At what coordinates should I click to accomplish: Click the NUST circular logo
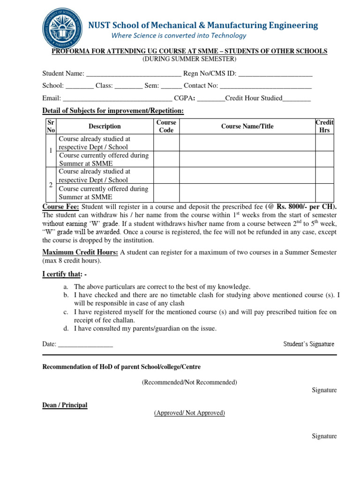click(62, 29)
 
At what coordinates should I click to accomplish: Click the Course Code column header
click(166, 126)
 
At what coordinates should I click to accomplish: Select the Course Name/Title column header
click(247, 126)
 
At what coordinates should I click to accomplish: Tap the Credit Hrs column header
click(324, 126)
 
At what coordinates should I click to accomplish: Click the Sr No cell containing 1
click(51, 151)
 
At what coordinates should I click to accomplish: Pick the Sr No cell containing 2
click(51, 185)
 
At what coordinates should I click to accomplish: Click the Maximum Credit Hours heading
click(80, 252)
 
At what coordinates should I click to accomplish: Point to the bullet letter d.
click(66, 329)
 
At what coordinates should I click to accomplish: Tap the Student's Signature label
click(308, 344)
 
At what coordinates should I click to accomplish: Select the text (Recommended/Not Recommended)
click(189, 382)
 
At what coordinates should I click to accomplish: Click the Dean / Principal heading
click(65, 405)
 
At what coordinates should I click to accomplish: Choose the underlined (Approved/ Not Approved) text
click(189, 413)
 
